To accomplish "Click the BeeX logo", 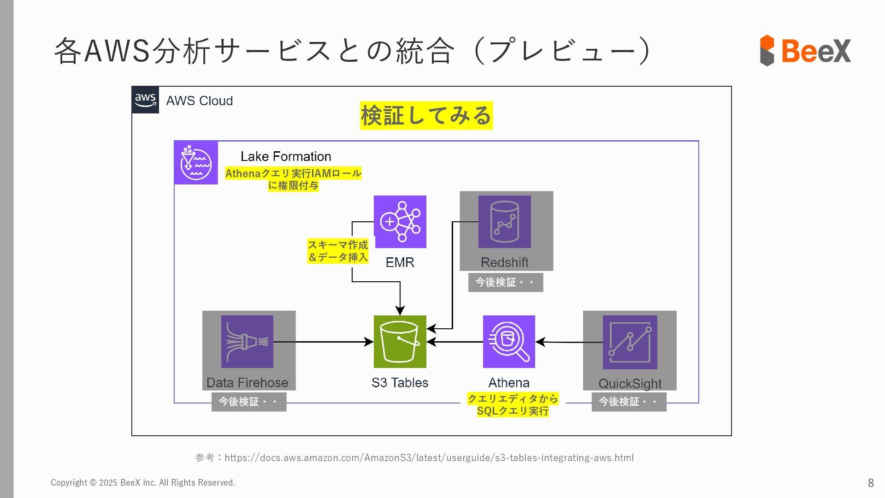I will coord(805,50).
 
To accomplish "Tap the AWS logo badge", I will coord(145,100).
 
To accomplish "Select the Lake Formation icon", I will coord(196,163).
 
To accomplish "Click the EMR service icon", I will coord(400,222).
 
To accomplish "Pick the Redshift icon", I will coord(504,222).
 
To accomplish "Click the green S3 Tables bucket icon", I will coord(400,342).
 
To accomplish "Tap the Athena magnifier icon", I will coord(509,342).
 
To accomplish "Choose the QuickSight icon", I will coord(630,342).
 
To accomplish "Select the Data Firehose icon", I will coord(247,342).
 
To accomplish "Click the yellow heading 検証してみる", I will coord(426,115).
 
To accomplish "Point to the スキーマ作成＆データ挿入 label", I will coord(338,251).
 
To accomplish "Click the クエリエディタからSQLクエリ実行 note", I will coord(513,405).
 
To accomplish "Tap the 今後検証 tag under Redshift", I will coord(506,282).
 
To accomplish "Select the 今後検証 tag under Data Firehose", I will coord(249,402).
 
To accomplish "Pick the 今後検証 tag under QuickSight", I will coord(629,402).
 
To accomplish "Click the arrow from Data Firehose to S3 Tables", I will coord(323,342).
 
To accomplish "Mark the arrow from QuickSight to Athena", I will coord(569,342).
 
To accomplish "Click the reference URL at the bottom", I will coord(429,458).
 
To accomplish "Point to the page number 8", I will coord(871,483).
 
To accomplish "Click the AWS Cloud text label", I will coord(199,101).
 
